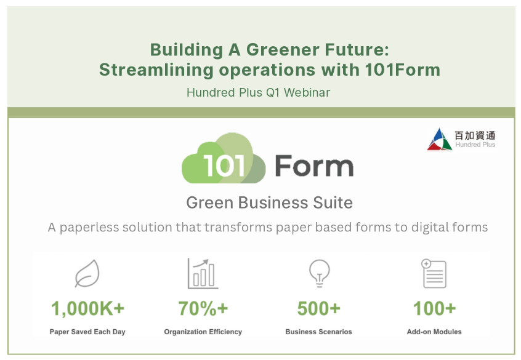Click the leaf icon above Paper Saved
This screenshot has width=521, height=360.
click(x=87, y=273)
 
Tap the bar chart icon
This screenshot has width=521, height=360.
click(x=203, y=274)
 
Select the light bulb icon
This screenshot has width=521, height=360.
click(x=319, y=273)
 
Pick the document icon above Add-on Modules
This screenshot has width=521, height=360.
click(x=434, y=274)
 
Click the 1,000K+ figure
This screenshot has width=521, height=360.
click(x=87, y=308)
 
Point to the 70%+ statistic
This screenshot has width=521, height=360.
click(x=203, y=308)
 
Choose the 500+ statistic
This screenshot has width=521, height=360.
click(x=318, y=308)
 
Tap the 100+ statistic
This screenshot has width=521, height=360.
click(x=434, y=308)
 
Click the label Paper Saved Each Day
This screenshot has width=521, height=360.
click(x=87, y=332)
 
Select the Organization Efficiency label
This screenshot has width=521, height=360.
click(x=203, y=332)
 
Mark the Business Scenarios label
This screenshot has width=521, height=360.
click(x=318, y=332)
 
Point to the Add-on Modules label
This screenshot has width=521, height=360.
click(x=434, y=332)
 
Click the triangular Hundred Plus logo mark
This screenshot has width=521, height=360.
click(x=439, y=140)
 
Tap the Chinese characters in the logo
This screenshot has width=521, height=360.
click(x=475, y=135)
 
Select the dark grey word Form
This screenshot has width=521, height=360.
click(x=314, y=166)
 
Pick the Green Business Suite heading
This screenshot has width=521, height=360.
click(x=270, y=202)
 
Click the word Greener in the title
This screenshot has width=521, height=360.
click(x=283, y=50)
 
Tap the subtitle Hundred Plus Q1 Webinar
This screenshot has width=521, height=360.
click(x=259, y=92)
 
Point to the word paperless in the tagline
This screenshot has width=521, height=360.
click(x=89, y=228)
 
